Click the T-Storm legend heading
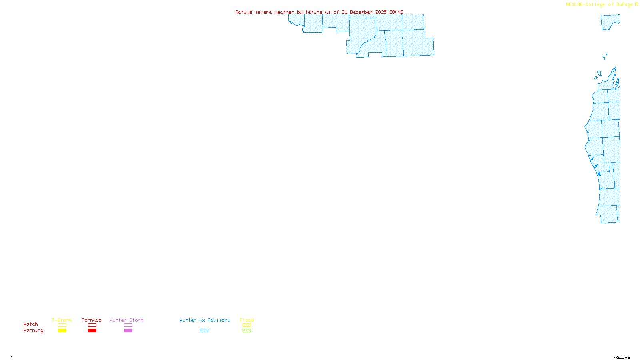click(x=62, y=320)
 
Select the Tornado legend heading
click(x=92, y=320)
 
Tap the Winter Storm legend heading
click(x=126, y=320)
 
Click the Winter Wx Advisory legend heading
click(x=205, y=320)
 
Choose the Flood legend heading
click(x=247, y=320)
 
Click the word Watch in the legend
click(x=31, y=324)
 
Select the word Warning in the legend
click(x=34, y=330)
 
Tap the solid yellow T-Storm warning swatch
click(x=62, y=331)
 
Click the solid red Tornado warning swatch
click(x=92, y=331)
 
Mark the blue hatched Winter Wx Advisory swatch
click(x=204, y=331)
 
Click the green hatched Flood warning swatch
click(x=247, y=331)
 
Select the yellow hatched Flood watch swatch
click(x=247, y=325)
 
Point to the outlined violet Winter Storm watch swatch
click(x=128, y=325)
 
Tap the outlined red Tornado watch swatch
click(x=92, y=325)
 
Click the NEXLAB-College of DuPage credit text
click(x=599, y=5)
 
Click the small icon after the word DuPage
click(x=636, y=4)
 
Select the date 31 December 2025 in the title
click(x=364, y=12)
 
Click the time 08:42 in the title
click(x=396, y=12)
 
